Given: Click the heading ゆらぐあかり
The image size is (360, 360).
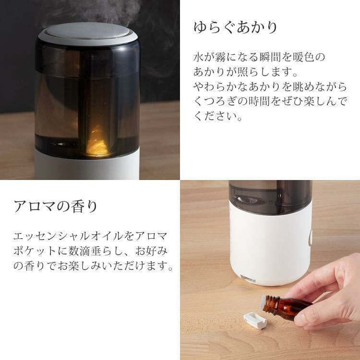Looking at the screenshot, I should pyautogui.click(x=236, y=27).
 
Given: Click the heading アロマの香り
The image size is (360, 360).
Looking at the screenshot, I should pyautogui.click(x=56, y=207).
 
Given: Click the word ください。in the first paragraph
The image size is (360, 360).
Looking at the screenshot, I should pyautogui.click(x=217, y=117).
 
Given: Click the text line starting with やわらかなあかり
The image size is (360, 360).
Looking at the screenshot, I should pyautogui.click(x=270, y=87).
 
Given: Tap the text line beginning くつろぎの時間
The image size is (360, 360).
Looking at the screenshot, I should pyautogui.click(x=270, y=102).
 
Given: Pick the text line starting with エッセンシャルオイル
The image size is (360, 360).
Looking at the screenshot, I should pyautogui.click(x=91, y=236).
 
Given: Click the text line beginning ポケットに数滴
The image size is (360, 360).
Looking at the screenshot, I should pyautogui.click(x=91, y=251).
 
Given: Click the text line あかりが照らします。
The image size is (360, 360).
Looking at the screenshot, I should pyautogui.click(x=246, y=72).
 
